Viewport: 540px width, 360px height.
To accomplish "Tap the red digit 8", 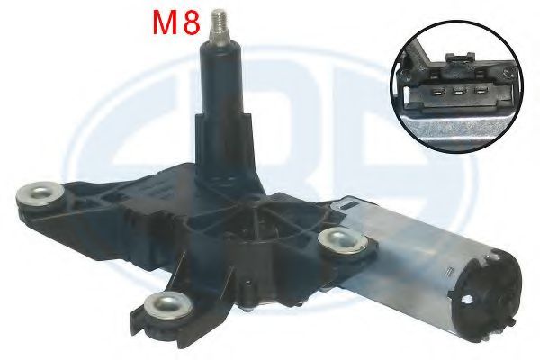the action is click(192, 23).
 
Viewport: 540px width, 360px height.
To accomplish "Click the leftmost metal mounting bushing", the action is click(40, 194).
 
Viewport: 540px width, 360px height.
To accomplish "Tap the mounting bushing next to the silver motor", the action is click(343, 240).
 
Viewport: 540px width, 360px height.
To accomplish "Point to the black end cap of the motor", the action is click(486, 296).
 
